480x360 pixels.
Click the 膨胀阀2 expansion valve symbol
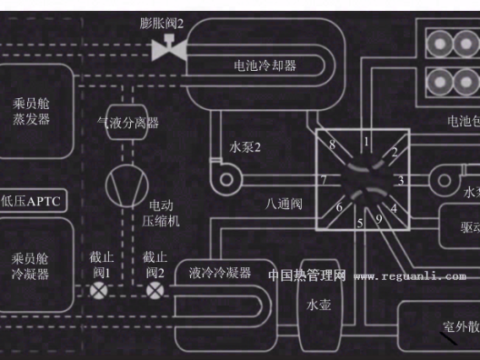coord(168,50)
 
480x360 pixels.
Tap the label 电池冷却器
coord(265,65)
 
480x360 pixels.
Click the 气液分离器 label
coord(128,122)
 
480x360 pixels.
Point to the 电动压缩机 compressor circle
coord(124,185)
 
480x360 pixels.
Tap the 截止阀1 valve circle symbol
coord(98,291)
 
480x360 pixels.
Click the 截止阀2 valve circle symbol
coord(155,291)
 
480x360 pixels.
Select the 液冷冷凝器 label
coord(220,272)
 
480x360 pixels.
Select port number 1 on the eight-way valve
coord(366,142)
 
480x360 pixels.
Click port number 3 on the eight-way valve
coord(400,181)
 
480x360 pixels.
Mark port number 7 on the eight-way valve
coord(323,180)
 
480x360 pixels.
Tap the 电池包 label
coord(463,121)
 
